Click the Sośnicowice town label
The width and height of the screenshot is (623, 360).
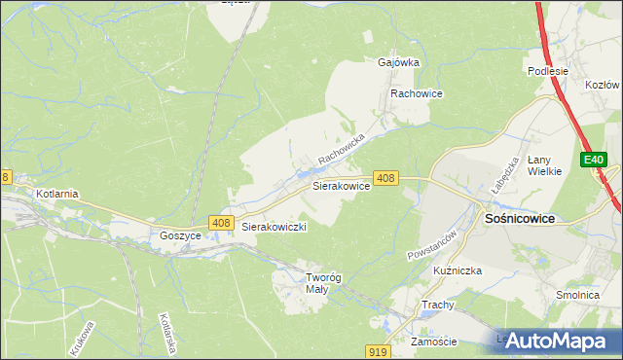click(520, 219)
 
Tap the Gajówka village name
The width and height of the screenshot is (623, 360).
click(398, 62)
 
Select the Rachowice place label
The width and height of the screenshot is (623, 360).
click(417, 93)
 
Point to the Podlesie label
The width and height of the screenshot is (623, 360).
click(547, 70)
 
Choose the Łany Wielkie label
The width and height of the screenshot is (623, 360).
click(545, 165)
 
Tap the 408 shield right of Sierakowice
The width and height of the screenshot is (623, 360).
click(385, 178)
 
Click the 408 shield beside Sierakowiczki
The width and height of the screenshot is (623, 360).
click(220, 224)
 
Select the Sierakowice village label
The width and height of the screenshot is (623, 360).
click(340, 184)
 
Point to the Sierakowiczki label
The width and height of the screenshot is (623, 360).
click(275, 227)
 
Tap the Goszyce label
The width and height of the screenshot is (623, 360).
click(180, 236)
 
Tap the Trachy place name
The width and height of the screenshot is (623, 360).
click(437, 305)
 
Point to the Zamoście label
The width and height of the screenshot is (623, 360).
click(434, 342)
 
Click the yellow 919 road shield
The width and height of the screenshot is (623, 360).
click(381, 350)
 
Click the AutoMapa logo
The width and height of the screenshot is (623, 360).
click(559, 341)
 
